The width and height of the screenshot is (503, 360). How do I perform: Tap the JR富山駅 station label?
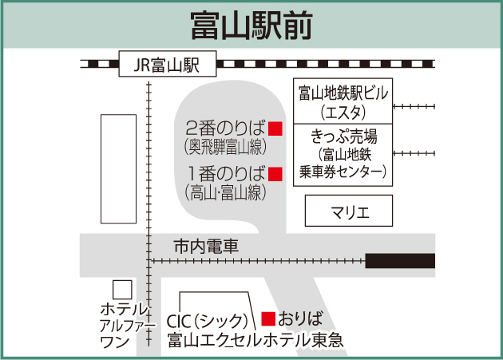tap(167, 63)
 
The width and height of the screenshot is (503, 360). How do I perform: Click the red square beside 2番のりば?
tap(275, 128)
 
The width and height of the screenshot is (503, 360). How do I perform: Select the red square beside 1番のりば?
tap(275, 173)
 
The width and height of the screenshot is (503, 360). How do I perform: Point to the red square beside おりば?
tap(269, 318)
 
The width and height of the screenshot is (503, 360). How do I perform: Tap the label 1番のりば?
tap(225, 173)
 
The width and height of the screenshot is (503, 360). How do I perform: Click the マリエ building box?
tap(350, 212)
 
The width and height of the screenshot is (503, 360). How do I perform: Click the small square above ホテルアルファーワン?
tap(122, 289)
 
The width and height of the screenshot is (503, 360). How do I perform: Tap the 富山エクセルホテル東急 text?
tap(255, 340)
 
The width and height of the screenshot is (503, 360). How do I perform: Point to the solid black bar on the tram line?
tap(400, 260)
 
